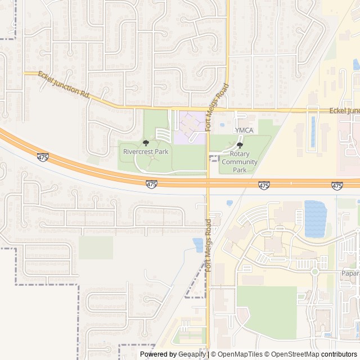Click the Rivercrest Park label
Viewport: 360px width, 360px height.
tap(146, 152)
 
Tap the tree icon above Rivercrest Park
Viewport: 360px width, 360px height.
tap(146, 143)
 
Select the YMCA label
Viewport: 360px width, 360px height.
tap(244, 130)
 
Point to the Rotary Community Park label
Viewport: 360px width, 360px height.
tap(240, 162)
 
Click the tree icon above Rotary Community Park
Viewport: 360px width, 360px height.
tap(240, 145)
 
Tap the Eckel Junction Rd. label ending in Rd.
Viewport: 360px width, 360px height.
tap(65, 84)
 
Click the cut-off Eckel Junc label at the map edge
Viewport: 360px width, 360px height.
tap(344, 111)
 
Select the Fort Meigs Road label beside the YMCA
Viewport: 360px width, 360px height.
tap(217, 107)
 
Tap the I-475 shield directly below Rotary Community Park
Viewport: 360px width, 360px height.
tap(264, 184)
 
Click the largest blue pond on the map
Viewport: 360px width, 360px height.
tap(315, 218)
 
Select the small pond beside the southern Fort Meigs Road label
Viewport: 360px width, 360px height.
tap(198, 245)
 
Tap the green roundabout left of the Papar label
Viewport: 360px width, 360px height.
tap(315, 272)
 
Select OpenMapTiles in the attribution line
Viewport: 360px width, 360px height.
tap(240, 354)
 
